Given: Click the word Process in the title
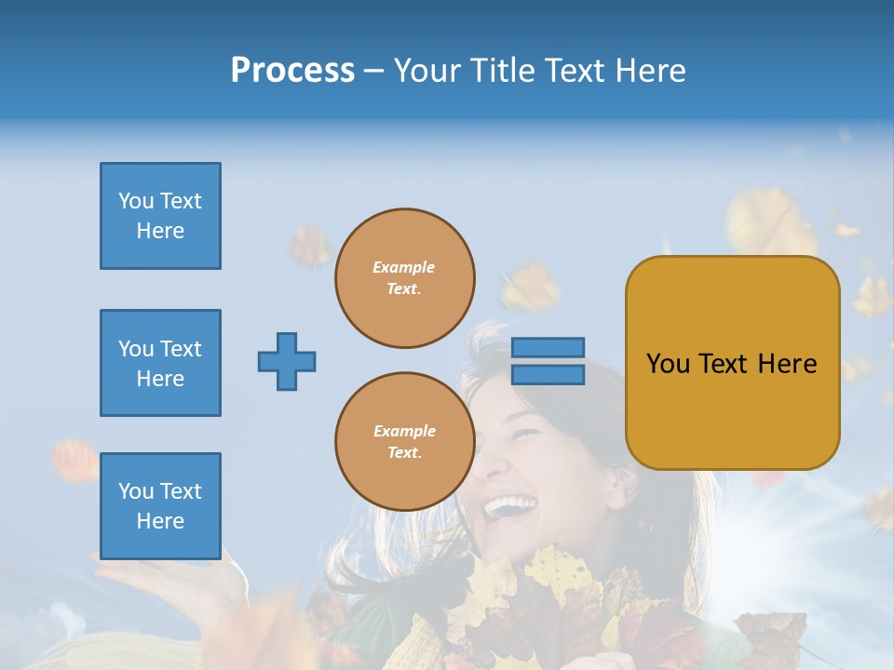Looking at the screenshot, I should click(292, 70).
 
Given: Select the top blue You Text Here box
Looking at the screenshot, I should click(160, 216).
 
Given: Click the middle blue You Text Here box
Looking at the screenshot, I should click(160, 363).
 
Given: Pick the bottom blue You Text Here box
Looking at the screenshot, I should click(160, 506).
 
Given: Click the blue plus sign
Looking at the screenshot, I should click(287, 361).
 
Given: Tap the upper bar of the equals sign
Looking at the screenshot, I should click(548, 348).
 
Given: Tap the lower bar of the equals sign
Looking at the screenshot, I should click(548, 374).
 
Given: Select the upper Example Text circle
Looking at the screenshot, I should click(405, 278).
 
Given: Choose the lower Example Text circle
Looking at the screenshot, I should click(405, 442).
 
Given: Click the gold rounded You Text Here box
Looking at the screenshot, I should click(732, 363).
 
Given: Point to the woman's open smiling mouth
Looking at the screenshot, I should click(509, 507).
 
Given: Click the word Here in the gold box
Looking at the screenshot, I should click(787, 363).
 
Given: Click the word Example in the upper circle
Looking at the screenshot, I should click(404, 267).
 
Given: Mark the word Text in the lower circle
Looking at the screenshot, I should click(403, 453).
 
